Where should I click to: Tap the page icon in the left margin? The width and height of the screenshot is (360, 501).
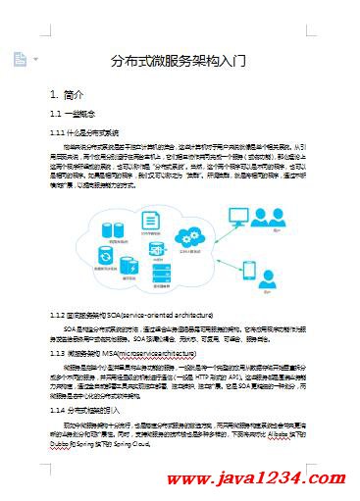20,60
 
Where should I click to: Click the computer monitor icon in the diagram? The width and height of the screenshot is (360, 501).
239,215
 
